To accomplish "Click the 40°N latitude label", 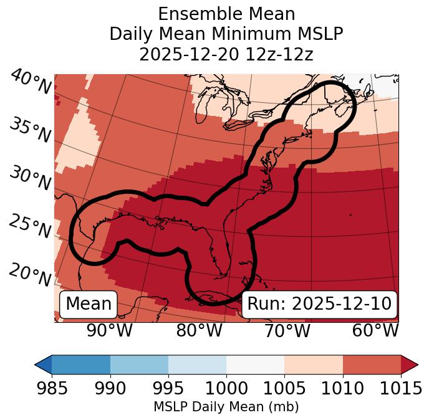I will point(31,82).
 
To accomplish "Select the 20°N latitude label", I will point(30,274).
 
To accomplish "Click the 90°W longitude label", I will point(109,330).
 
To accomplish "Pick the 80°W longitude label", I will point(199,330).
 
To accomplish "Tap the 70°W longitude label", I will point(287,330).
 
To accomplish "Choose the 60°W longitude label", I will point(375,330).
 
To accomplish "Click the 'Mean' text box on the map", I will point(89,304).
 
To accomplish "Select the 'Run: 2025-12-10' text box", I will point(319,304).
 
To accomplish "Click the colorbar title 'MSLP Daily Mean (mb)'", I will point(226,408).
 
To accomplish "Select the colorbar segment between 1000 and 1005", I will point(255,364).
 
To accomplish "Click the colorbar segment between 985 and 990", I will point(81,364).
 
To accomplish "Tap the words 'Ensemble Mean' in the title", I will point(226,14).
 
